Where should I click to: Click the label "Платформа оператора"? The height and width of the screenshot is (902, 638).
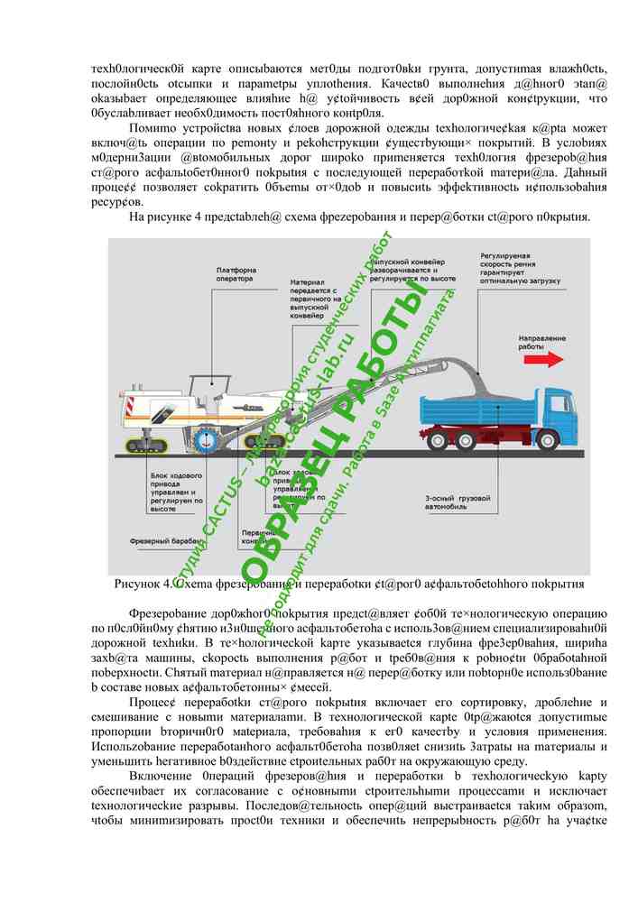(x=236, y=274)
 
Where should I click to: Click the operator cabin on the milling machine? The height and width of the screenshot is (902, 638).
(x=209, y=391)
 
